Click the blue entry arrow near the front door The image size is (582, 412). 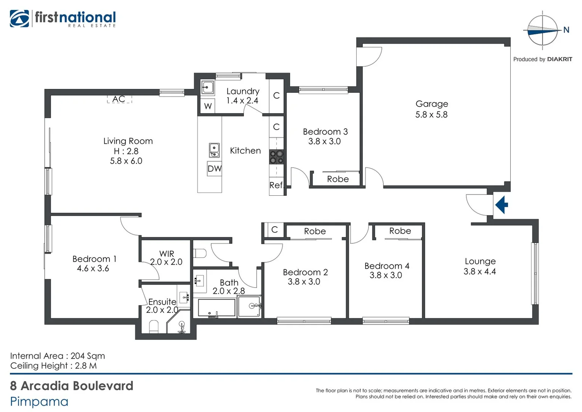(502, 205)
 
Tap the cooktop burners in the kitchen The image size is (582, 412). (276, 157)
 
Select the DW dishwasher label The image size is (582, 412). (215, 169)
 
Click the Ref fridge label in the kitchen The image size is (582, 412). (276, 185)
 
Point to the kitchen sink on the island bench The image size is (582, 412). (214, 150)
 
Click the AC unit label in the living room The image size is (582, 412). (119, 99)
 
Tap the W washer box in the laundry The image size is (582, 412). (208, 106)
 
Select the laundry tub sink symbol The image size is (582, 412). (207, 88)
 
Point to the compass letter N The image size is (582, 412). (566, 30)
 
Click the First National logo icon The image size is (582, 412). (19, 19)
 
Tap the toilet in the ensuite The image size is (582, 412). (154, 327)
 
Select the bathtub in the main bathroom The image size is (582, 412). (216, 308)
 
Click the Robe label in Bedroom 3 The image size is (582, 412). (338, 179)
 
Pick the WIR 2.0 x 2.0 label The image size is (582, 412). (166, 258)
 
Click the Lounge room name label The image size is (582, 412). (480, 262)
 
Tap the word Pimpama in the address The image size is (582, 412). (39, 402)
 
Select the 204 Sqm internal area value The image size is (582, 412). (88, 356)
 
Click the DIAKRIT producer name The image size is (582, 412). (559, 59)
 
